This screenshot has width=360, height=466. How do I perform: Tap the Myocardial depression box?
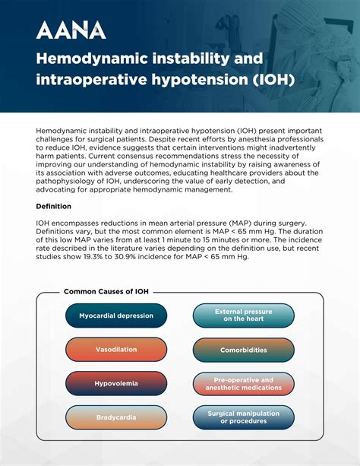tap(115, 315)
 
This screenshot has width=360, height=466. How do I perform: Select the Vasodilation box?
tap(115, 350)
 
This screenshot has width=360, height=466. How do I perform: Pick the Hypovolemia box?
tap(115, 383)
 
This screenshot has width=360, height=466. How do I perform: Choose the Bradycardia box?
tap(115, 417)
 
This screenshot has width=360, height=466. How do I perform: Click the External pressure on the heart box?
tap(243, 315)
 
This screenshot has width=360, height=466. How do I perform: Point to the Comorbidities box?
tap(243, 350)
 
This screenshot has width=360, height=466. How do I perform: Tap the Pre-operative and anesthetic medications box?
tap(243, 383)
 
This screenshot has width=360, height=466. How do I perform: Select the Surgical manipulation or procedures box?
tap(243, 417)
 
